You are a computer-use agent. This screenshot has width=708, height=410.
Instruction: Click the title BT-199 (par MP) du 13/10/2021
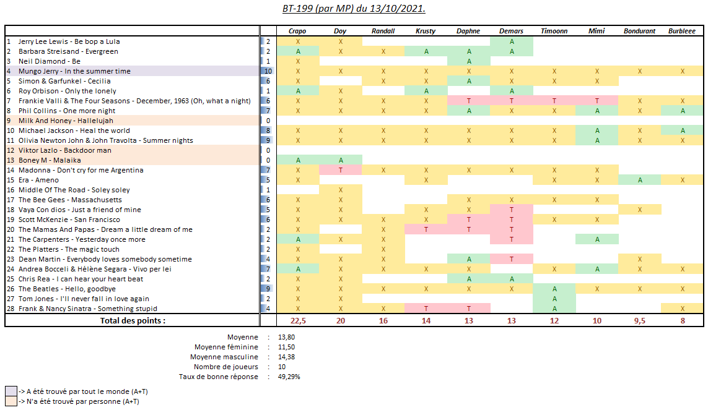[353, 9]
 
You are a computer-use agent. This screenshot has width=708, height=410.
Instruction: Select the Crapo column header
[297, 31]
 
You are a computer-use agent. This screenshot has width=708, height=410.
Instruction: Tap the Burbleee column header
[682, 31]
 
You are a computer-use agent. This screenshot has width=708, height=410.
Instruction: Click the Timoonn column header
[554, 31]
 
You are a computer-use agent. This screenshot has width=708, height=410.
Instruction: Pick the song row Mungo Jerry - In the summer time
[74, 71]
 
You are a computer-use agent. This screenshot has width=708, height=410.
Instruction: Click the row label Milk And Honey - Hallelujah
[66, 121]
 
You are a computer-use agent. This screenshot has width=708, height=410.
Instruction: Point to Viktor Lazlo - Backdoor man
[65, 150]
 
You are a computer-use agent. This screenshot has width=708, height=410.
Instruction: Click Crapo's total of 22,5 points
[298, 320]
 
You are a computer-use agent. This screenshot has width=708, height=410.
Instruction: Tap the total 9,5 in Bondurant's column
[640, 320]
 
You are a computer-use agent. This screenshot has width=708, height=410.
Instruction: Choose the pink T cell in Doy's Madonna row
[340, 170]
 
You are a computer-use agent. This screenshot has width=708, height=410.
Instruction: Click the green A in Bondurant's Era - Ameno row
[640, 180]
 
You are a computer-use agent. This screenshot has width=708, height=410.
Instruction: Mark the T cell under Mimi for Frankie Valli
[597, 101]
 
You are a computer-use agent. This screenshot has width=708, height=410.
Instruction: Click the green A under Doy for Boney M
[340, 160]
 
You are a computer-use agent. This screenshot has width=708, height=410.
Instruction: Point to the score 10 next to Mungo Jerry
[268, 71]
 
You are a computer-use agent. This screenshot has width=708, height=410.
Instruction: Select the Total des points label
[133, 320]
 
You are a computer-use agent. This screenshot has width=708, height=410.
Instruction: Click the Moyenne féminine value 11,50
[286, 347]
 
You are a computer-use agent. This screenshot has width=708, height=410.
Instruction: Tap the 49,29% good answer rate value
[289, 377]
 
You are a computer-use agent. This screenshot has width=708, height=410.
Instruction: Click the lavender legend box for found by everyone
[11, 391]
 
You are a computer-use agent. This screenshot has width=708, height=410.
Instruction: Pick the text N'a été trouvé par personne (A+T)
[86, 401]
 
